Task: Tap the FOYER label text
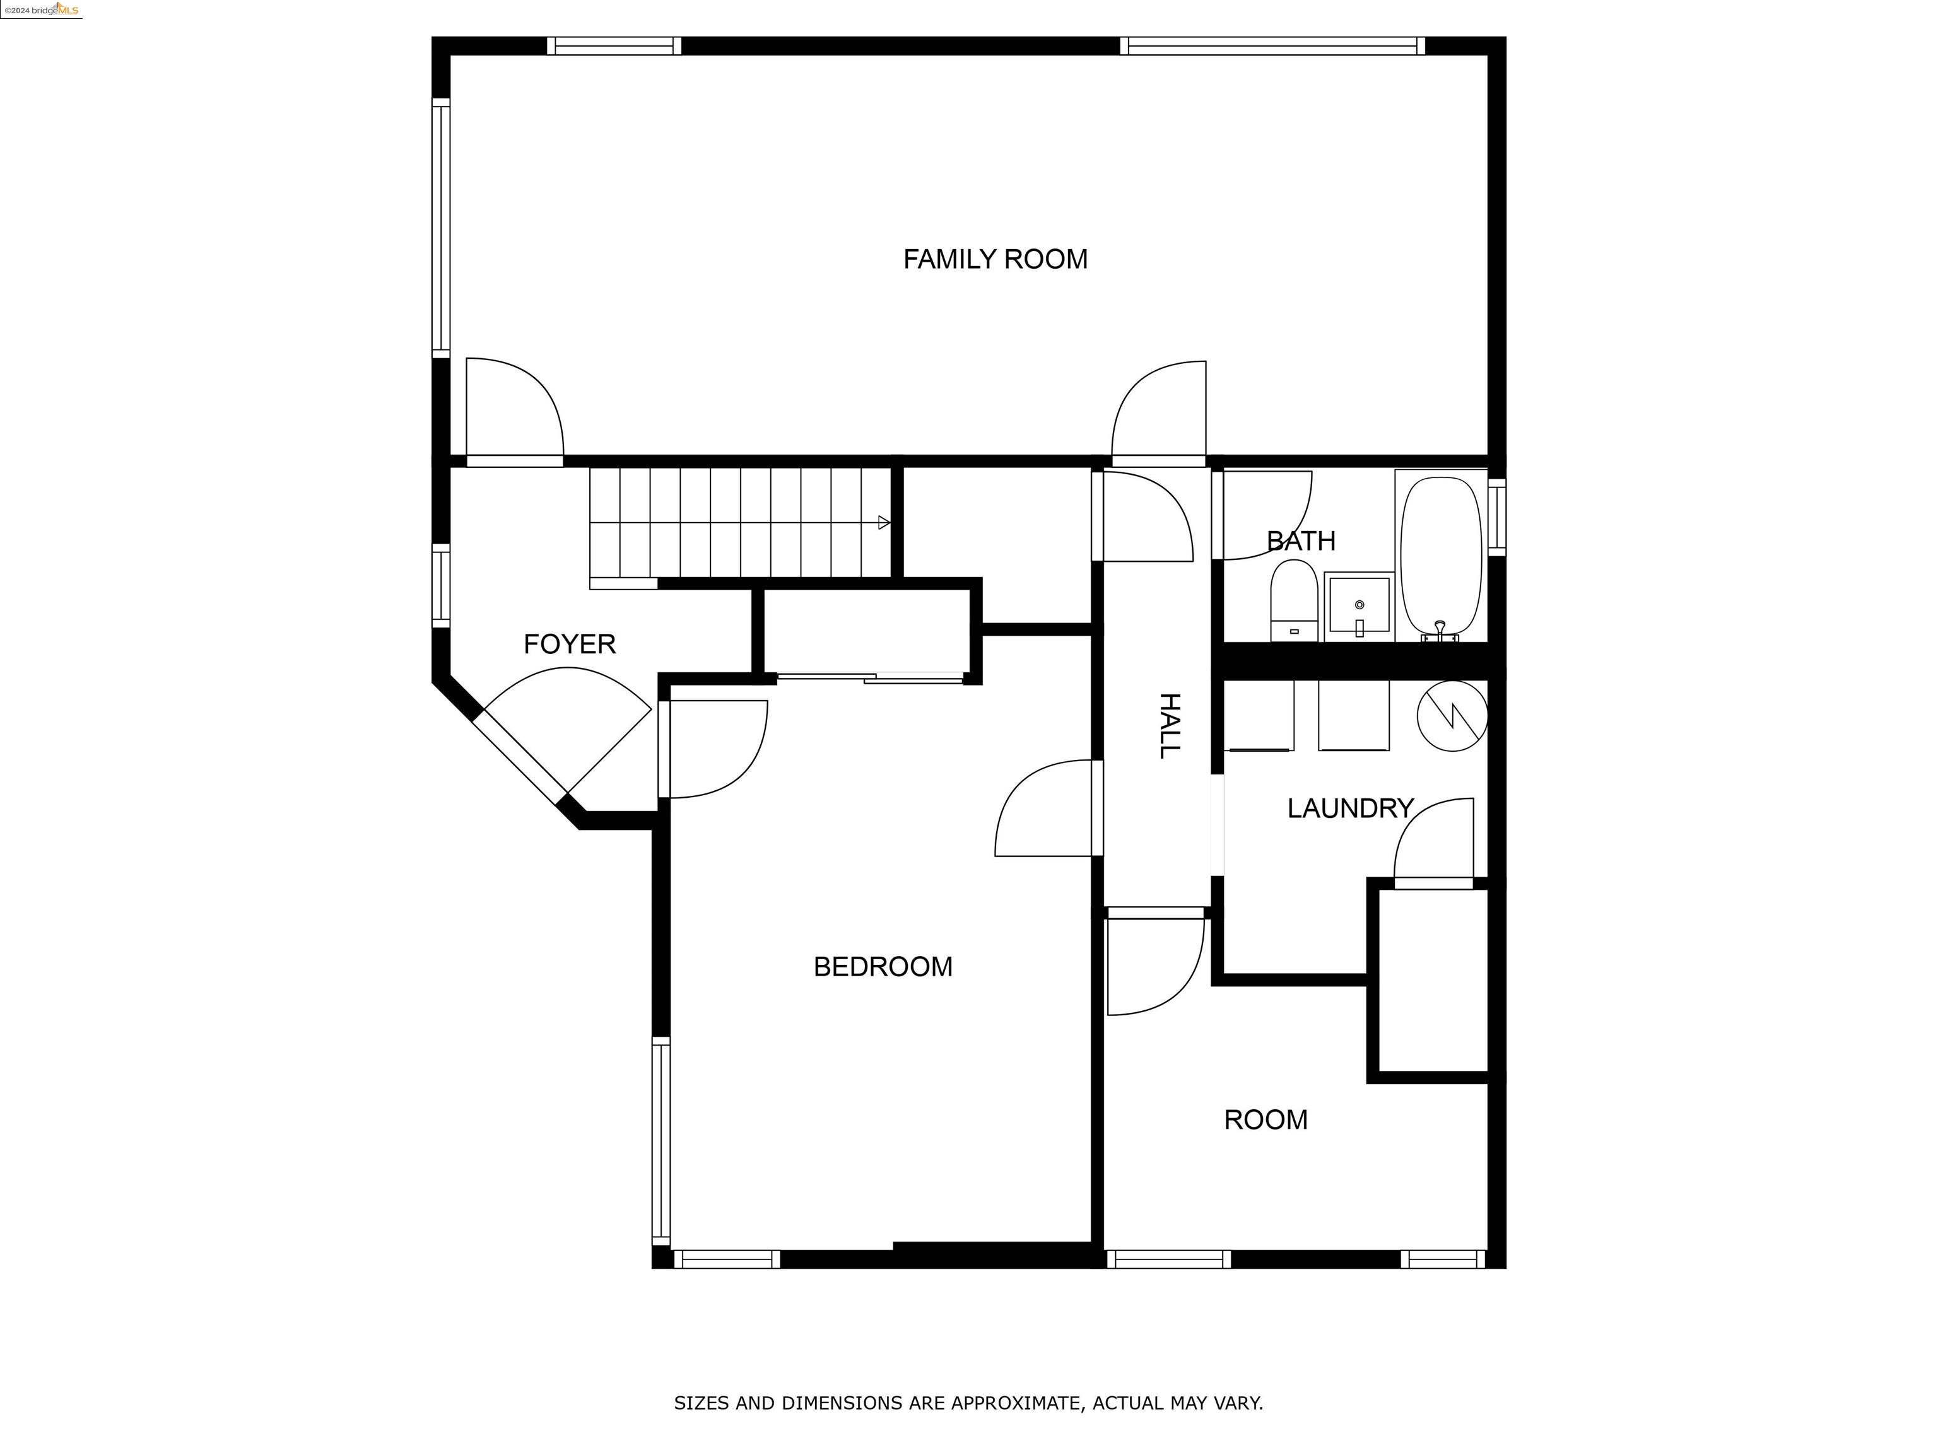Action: (570, 645)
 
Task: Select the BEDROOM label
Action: (883, 967)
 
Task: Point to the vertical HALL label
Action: (1170, 725)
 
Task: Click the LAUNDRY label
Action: (1349, 808)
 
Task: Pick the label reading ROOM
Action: (1265, 1119)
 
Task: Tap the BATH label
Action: (1301, 541)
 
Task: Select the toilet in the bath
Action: (1294, 600)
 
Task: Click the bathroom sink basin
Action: (1358, 604)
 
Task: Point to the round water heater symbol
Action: (1452, 716)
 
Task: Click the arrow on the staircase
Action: (884, 523)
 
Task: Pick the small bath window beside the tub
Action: (1496, 516)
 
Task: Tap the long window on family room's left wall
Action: (441, 228)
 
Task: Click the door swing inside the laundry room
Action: (1434, 841)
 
